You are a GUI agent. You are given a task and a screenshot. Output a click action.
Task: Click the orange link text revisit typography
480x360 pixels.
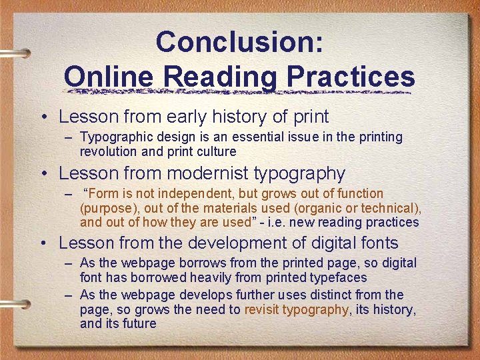coord(296,309)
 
